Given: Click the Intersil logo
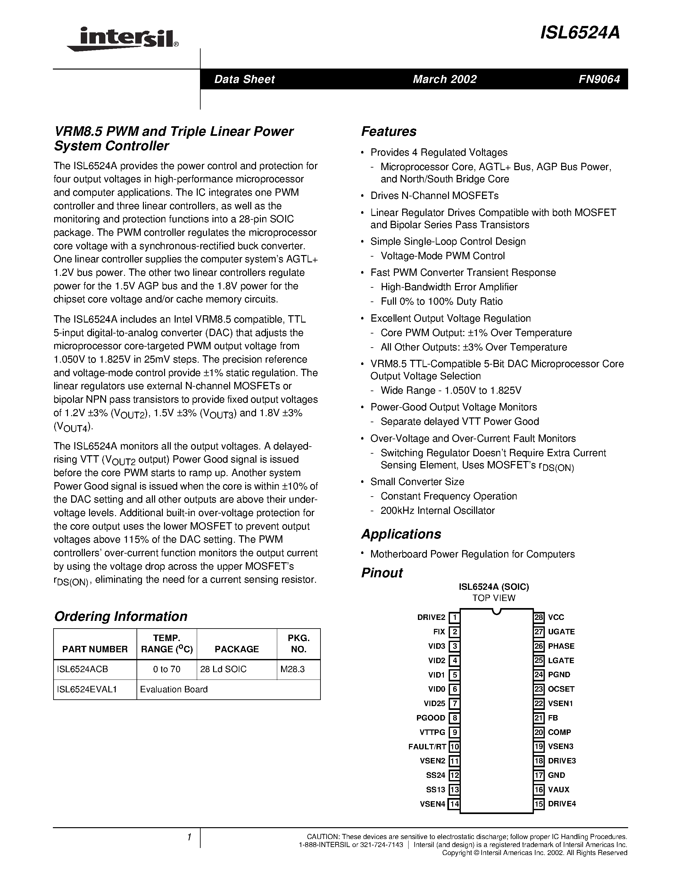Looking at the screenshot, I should pyautogui.click(x=123, y=39).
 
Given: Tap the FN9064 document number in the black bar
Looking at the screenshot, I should pyautogui.click(x=599, y=79).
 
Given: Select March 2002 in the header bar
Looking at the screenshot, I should pyautogui.click(x=444, y=79).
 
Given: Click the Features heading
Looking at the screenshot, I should pyautogui.click(x=388, y=131).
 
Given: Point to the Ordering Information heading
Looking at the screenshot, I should pyautogui.click(x=120, y=616).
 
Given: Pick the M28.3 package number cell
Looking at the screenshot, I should pyautogui.click(x=293, y=669).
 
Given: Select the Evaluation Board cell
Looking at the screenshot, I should pyautogui.click(x=174, y=689).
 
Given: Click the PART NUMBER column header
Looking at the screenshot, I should pyautogui.click(x=95, y=649).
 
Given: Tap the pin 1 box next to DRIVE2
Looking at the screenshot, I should pyautogui.click(x=455, y=618).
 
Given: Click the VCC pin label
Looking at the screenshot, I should pyautogui.click(x=556, y=618).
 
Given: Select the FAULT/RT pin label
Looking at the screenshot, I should pyautogui.click(x=427, y=747).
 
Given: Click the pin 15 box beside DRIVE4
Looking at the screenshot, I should pyautogui.click(x=539, y=804).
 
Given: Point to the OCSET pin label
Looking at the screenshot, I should pyautogui.click(x=561, y=689).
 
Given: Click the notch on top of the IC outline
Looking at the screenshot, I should pyautogui.click(x=497, y=612).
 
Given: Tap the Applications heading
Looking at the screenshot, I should pyautogui.click(x=401, y=534).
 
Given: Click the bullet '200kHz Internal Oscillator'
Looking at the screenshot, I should pyautogui.click(x=437, y=511).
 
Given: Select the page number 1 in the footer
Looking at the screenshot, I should pyautogui.click(x=189, y=837).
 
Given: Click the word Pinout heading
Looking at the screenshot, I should pyautogui.click(x=382, y=573).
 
